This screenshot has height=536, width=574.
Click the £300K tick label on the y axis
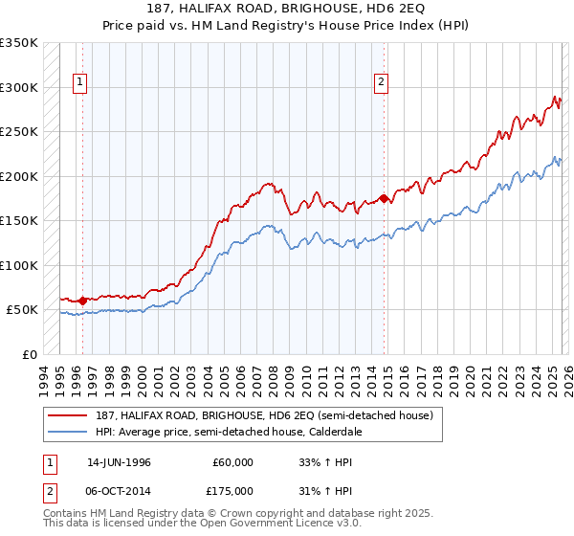(18, 87)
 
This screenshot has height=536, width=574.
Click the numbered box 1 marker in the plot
(82, 83)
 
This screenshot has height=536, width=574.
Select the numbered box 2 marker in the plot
(381, 83)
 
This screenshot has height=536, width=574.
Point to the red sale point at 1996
(82, 301)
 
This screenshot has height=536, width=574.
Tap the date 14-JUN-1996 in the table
(119, 461)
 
